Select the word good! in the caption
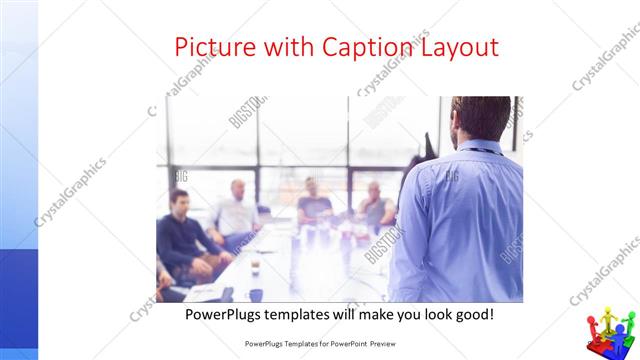tap(471, 314)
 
